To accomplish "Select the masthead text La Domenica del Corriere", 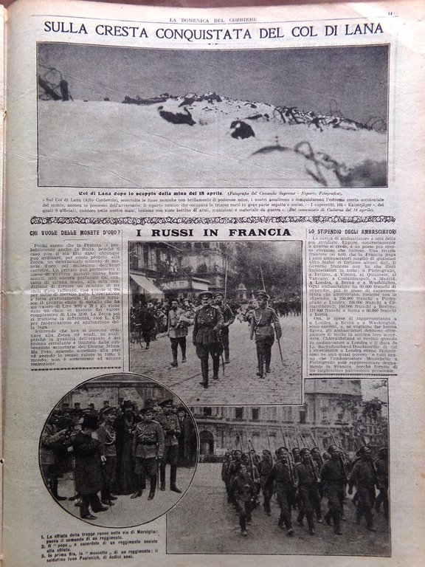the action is (212, 9).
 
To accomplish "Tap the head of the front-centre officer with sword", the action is (206, 298).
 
